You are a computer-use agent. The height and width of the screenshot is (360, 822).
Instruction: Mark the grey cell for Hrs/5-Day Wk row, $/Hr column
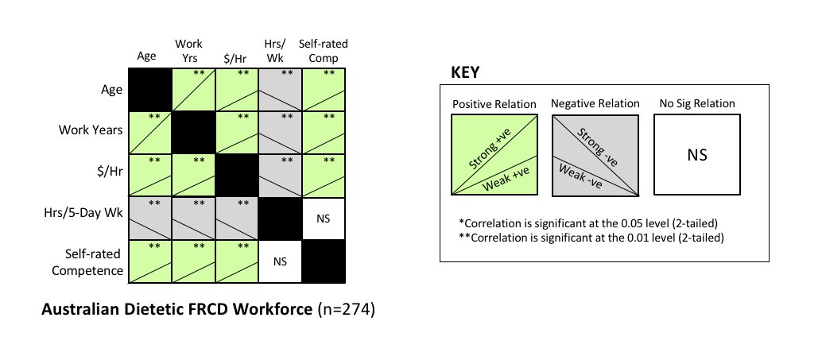pos(235,217)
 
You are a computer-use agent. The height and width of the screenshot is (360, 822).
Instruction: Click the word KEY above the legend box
pos(465,72)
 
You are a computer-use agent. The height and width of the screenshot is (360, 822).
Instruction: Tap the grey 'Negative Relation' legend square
pos(595,155)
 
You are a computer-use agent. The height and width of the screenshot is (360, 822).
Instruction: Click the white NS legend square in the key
pos(697,155)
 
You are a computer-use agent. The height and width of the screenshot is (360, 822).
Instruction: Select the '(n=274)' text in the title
pos(347,311)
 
